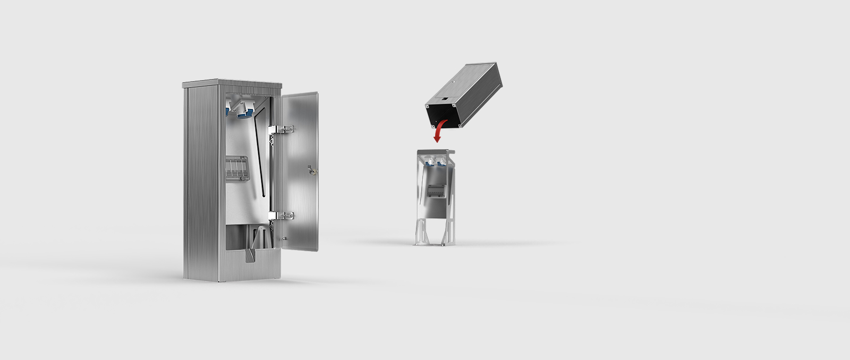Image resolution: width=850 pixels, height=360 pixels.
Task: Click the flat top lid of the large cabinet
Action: point(232,83)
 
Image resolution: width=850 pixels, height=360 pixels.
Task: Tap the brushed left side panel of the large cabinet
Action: point(201,181)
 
